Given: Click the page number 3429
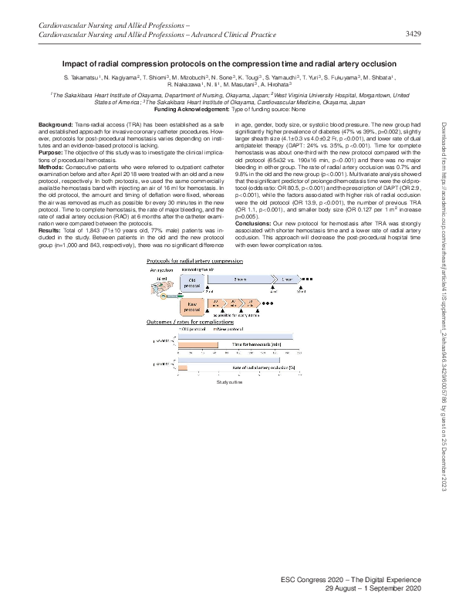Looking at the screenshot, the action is click(x=412, y=34).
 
